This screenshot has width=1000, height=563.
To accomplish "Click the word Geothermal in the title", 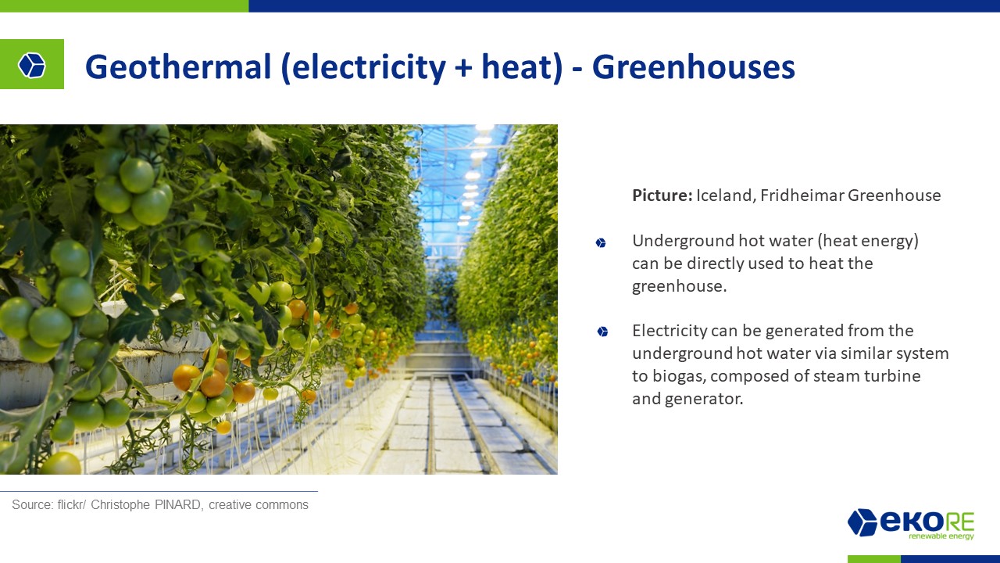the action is [178, 67].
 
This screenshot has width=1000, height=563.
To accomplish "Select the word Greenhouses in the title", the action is [693, 67].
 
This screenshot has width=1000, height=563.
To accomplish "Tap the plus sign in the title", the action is [463, 68].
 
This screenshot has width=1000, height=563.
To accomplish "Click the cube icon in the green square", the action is [32, 65].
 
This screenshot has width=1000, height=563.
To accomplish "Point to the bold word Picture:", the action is [662, 195].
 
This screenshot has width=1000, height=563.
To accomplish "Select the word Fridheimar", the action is [802, 195].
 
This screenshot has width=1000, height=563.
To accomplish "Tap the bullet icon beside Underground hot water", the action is [601, 242].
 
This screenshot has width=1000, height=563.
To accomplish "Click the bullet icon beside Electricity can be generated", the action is [602, 332].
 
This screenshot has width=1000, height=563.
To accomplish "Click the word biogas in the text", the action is [679, 376].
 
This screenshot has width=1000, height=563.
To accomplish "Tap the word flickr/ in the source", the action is [71, 504].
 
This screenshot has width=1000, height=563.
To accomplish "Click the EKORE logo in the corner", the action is [911, 524].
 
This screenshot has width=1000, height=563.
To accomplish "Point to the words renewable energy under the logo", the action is [941, 536].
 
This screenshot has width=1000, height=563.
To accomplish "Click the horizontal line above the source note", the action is [159, 491].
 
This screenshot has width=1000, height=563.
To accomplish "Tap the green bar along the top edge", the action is [124, 5].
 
